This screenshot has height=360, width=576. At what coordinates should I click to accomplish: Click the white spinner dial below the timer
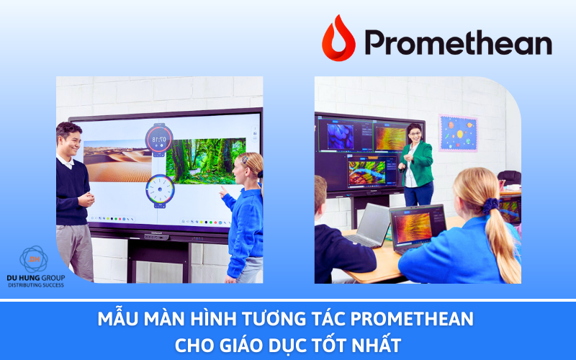159,189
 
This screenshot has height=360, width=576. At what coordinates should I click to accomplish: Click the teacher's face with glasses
415,134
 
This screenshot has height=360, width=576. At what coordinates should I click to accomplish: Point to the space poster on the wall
458,132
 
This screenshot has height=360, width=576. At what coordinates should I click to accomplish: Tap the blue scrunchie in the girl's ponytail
491,205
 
